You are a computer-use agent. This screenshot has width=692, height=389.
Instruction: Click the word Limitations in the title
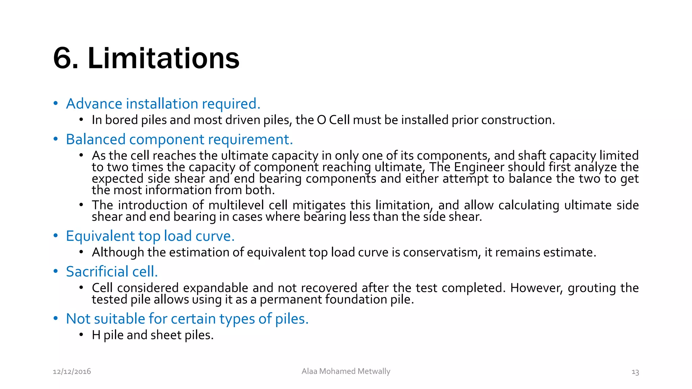coord(164,58)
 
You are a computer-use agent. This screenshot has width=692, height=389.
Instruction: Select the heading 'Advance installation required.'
coord(163,104)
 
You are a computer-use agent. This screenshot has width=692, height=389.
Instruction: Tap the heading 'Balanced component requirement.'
coord(179,139)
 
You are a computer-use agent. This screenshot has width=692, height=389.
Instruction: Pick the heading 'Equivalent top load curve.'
coord(150,236)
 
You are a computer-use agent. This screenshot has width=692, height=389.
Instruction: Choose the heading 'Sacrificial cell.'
coord(112,271)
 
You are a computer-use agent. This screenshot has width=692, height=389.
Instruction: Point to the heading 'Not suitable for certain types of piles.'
coord(187,319)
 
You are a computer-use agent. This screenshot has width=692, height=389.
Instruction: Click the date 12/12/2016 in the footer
coord(72,371)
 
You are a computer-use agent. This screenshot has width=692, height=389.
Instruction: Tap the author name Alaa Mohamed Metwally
coord(346,371)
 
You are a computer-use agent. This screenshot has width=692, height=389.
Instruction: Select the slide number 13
coord(635,372)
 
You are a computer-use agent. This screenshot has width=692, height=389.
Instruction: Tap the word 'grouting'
coord(592,288)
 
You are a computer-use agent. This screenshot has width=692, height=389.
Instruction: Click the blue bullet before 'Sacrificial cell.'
coord(56,271)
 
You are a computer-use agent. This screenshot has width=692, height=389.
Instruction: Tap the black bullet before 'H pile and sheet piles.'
coord(81,335)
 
